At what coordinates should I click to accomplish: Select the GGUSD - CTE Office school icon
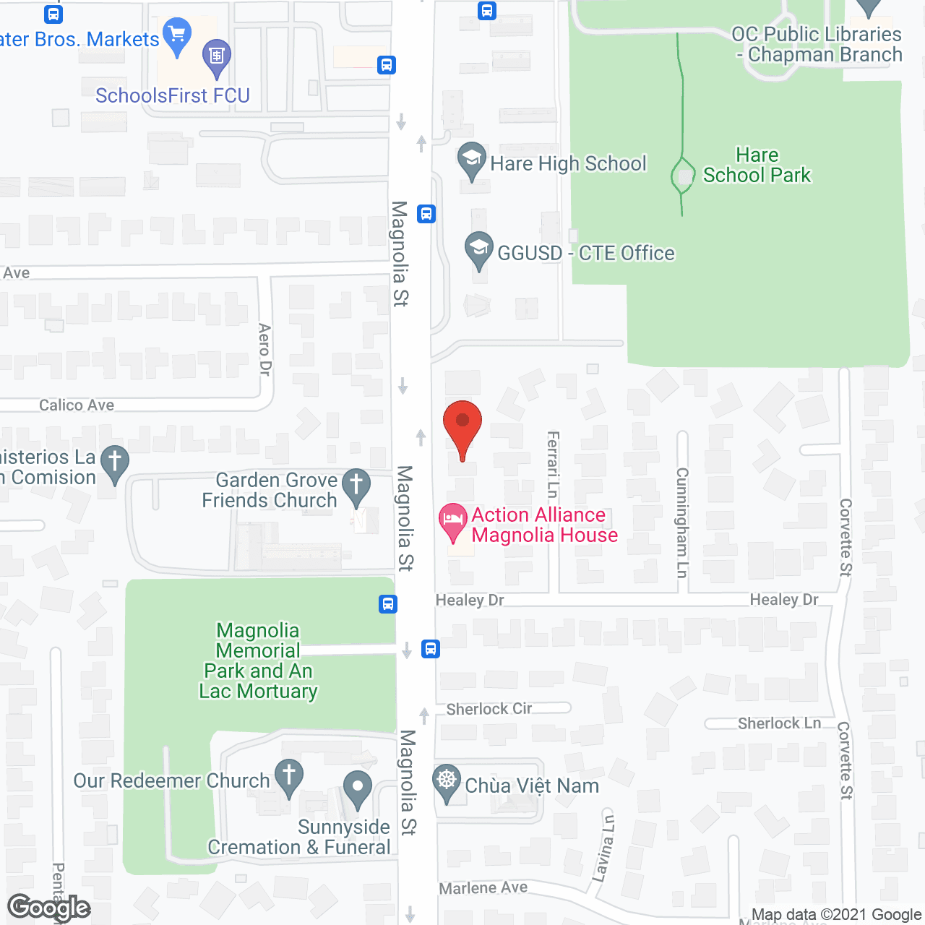coord(478,249)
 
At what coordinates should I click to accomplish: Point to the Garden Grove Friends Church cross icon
coord(356,486)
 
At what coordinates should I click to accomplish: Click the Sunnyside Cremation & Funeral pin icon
coord(357,788)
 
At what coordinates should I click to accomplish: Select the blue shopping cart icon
coord(177,35)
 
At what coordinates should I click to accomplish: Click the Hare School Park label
coord(757,165)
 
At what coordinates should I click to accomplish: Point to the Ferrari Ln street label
coord(553,464)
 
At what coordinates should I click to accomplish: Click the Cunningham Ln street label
coord(681,522)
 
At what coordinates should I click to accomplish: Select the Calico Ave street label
coord(77,405)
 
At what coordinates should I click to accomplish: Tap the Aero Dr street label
coord(264,350)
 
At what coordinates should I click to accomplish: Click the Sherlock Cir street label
coord(489,709)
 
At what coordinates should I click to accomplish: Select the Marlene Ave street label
coord(483,887)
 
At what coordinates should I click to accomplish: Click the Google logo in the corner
coord(49,908)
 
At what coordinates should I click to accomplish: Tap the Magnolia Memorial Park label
coord(258,661)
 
